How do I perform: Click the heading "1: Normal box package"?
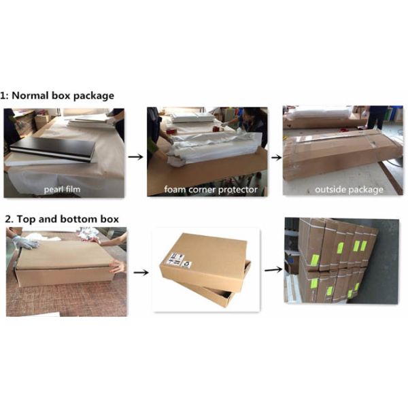(x=57, y=96)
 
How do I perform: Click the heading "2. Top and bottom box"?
(x=62, y=219)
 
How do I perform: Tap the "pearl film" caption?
(x=62, y=189)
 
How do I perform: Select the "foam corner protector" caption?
(x=211, y=190)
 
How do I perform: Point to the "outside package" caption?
(x=349, y=190)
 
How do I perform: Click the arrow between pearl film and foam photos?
(x=135, y=156)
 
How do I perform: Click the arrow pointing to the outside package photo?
(x=277, y=158)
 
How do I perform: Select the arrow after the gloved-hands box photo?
(x=141, y=273)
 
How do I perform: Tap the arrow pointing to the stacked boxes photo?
(x=273, y=269)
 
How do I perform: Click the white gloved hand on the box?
(x=24, y=241)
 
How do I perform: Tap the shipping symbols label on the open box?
(x=178, y=260)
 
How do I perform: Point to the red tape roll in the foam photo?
(x=216, y=129)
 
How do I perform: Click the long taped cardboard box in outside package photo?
(x=343, y=155)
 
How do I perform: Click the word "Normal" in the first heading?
(x=30, y=95)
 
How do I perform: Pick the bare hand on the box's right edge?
(x=118, y=266)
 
